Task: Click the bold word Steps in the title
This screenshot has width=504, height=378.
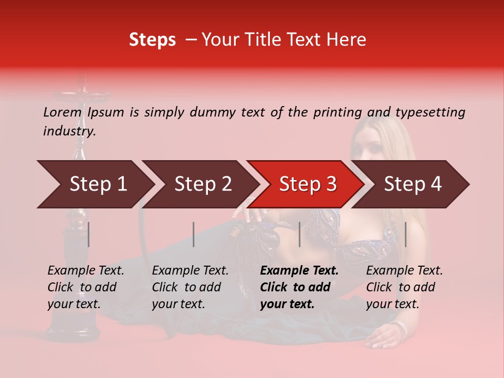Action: (152, 40)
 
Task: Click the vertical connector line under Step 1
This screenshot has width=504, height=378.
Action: (88, 234)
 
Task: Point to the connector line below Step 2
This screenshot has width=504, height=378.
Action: (194, 234)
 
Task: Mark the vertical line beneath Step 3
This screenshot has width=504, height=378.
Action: (299, 234)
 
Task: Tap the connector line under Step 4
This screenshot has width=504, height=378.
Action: (405, 234)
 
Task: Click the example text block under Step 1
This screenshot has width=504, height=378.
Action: (86, 287)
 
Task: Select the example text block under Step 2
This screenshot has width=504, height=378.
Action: (190, 287)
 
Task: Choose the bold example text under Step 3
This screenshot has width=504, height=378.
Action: (299, 287)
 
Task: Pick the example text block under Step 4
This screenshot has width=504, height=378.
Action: (404, 287)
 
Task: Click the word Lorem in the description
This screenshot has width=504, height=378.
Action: (62, 112)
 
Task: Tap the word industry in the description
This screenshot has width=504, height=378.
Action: (69, 131)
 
